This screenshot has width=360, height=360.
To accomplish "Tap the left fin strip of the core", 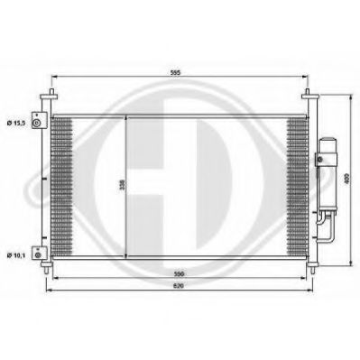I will pos(61,185).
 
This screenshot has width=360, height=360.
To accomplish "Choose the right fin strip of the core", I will pos(299,185).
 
